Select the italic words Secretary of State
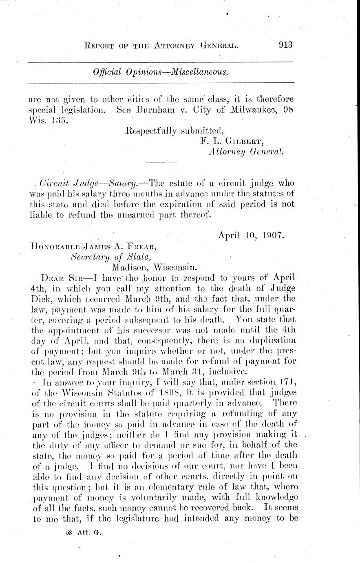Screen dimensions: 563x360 click(x=111, y=257)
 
